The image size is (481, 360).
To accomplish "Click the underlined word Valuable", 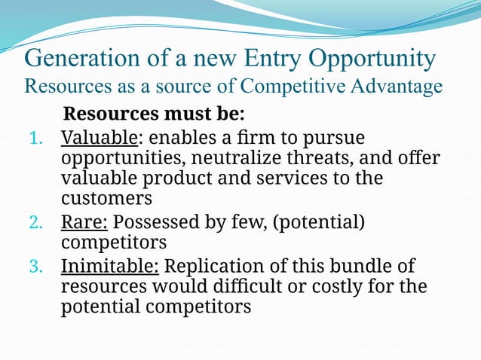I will (x=99, y=139).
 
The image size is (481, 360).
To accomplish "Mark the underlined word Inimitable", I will (x=109, y=267).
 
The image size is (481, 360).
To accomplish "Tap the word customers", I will (x=106, y=200).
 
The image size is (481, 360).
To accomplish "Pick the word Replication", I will (x=213, y=267).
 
